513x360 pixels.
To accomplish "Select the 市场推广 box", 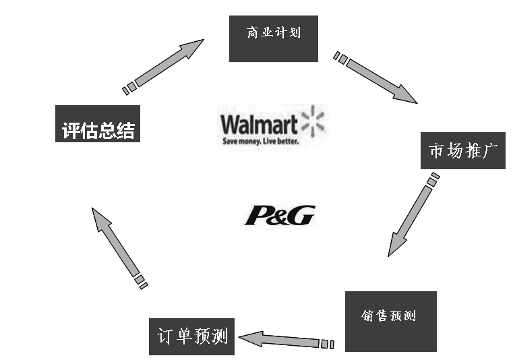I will coord(462,150).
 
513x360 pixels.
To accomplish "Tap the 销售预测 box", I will coord(390,321).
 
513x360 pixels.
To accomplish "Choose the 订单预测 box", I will coord(191,336).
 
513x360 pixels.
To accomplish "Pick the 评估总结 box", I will coord(97,129).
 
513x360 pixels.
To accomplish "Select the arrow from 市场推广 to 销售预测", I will coord(411,216).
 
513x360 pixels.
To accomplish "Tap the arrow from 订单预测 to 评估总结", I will coord(117,246).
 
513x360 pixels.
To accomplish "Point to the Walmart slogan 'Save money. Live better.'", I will coord(260,142).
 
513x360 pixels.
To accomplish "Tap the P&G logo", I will coord(278,215).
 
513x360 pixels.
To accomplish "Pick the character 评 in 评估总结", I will coord(69,131).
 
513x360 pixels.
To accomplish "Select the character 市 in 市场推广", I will coord(436,151).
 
